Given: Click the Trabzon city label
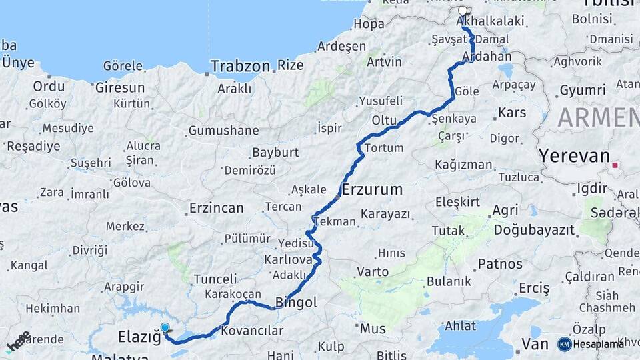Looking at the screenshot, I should [x=240, y=67].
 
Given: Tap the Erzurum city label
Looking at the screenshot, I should [x=373, y=189].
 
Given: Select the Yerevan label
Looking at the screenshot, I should [x=574, y=157].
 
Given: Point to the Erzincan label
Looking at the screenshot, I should [x=216, y=208].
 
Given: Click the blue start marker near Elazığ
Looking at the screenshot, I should [x=165, y=327].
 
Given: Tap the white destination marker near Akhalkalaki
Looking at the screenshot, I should [x=464, y=12].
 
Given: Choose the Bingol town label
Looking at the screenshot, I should [x=296, y=303].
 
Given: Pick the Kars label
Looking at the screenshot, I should [x=512, y=113].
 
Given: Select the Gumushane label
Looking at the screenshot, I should [x=223, y=131].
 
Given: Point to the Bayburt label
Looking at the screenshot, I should [x=275, y=152].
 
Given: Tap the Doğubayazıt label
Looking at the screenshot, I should [x=534, y=230].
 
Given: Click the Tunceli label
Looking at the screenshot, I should [x=215, y=279].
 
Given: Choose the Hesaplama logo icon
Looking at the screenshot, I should [x=565, y=344].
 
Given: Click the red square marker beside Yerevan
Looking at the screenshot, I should [x=615, y=165].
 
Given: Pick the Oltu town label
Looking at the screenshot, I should [x=384, y=120].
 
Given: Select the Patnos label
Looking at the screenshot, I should [x=500, y=264].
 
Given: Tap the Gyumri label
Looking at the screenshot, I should [x=583, y=89].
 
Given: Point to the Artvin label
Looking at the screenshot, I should [x=384, y=61].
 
